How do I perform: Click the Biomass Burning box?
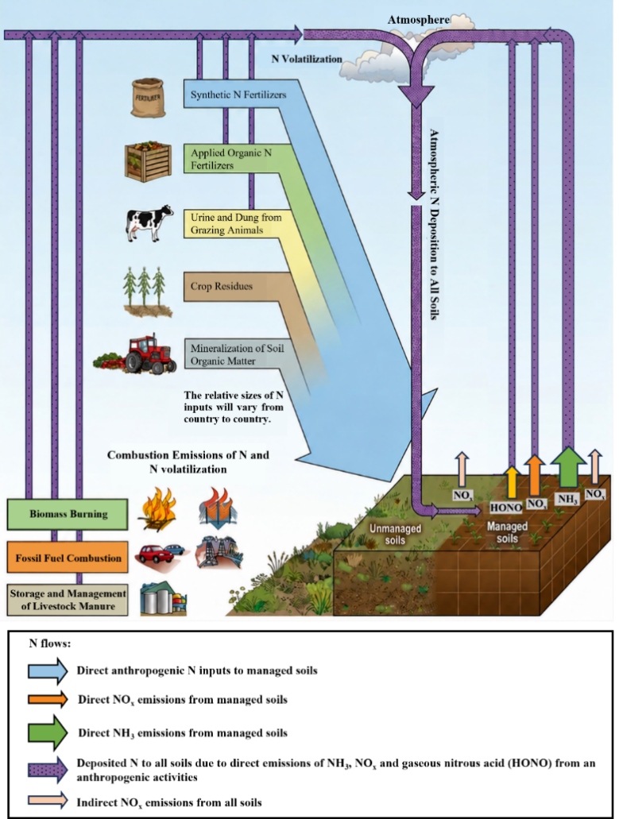coord(68,514)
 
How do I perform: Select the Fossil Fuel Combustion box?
coord(68,558)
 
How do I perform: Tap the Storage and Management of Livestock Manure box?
coord(68,600)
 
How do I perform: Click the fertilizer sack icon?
coord(149,98)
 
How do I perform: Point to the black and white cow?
coord(149,222)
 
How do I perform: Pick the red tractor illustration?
coord(136,353)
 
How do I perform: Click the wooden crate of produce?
coord(149,162)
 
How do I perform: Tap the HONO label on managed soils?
coord(505,507)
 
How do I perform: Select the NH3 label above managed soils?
coord(567,499)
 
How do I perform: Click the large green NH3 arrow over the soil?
coord(568,468)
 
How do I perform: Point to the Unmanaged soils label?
coord(395,534)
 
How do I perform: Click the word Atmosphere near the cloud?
coord(419,20)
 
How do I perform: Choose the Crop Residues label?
coord(222,286)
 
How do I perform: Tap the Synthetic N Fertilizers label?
coord(238,95)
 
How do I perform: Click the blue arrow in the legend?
coord(48,670)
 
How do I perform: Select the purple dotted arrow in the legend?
coord(48,770)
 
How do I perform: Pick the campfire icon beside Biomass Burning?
coord(158,509)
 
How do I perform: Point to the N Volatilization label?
coord(307,59)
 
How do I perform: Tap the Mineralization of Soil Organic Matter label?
coord(237,354)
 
